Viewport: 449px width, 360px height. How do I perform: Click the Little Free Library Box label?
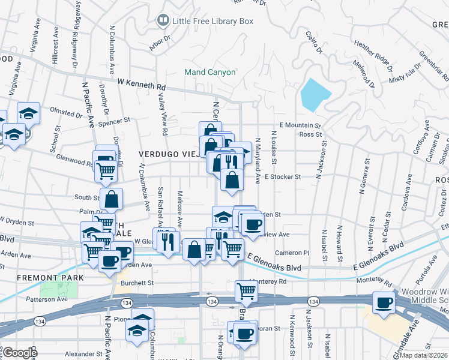213,21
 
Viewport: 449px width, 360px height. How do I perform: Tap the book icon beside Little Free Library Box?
162,21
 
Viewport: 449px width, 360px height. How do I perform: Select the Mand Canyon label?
210,72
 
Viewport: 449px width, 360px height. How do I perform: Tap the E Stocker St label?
282,177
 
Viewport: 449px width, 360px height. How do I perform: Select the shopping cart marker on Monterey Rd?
247,292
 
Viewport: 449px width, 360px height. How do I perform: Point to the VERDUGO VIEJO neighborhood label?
168,154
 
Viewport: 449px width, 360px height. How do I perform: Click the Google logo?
19,353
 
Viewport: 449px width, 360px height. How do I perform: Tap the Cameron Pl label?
292,253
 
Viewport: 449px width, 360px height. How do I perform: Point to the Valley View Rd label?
162,115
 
